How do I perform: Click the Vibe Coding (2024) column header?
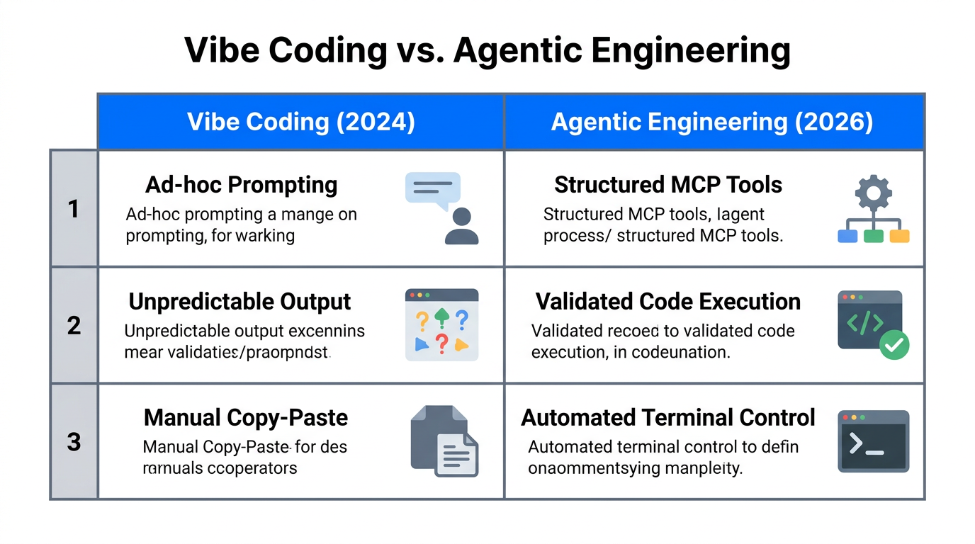(300, 122)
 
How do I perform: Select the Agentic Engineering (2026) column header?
(712, 122)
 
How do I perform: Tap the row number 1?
(74, 209)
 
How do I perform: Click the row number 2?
(74, 326)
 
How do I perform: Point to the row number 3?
(74, 442)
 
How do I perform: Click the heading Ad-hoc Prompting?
(241, 185)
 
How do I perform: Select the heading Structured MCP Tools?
(667, 185)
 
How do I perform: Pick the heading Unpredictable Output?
(239, 302)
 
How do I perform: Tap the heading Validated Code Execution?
(667, 302)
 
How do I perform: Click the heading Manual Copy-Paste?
(245, 418)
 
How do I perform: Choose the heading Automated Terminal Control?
(667, 418)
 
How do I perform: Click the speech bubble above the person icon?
(432, 190)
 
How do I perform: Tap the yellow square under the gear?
(899, 236)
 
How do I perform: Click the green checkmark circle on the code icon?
(894, 344)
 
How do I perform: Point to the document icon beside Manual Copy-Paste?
(444, 441)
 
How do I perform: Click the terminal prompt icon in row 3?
(873, 441)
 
